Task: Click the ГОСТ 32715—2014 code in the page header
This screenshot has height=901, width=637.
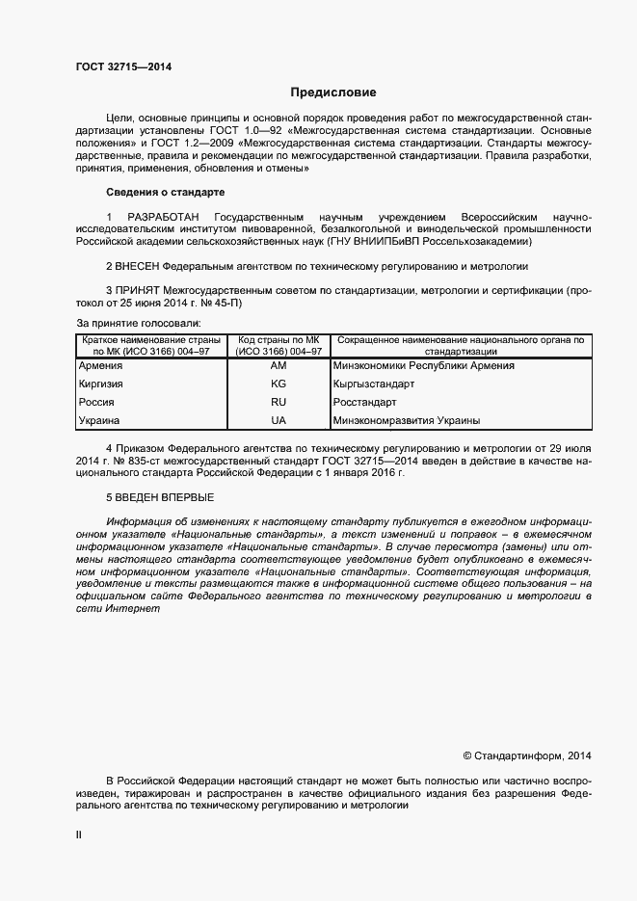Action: [x=124, y=66]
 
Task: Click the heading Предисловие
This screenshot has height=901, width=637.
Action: [x=333, y=93]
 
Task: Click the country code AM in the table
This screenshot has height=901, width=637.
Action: [x=279, y=366]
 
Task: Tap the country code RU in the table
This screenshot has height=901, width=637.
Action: [x=279, y=402]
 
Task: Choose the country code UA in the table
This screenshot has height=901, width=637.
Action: [x=279, y=421]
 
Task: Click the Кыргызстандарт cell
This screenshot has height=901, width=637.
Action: [x=374, y=384]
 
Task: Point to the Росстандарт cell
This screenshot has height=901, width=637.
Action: [x=366, y=402]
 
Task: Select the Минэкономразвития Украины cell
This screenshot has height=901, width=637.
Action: [x=406, y=421]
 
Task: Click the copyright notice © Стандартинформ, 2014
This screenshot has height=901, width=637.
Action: [x=527, y=755]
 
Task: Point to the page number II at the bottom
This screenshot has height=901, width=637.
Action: [x=79, y=835]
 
